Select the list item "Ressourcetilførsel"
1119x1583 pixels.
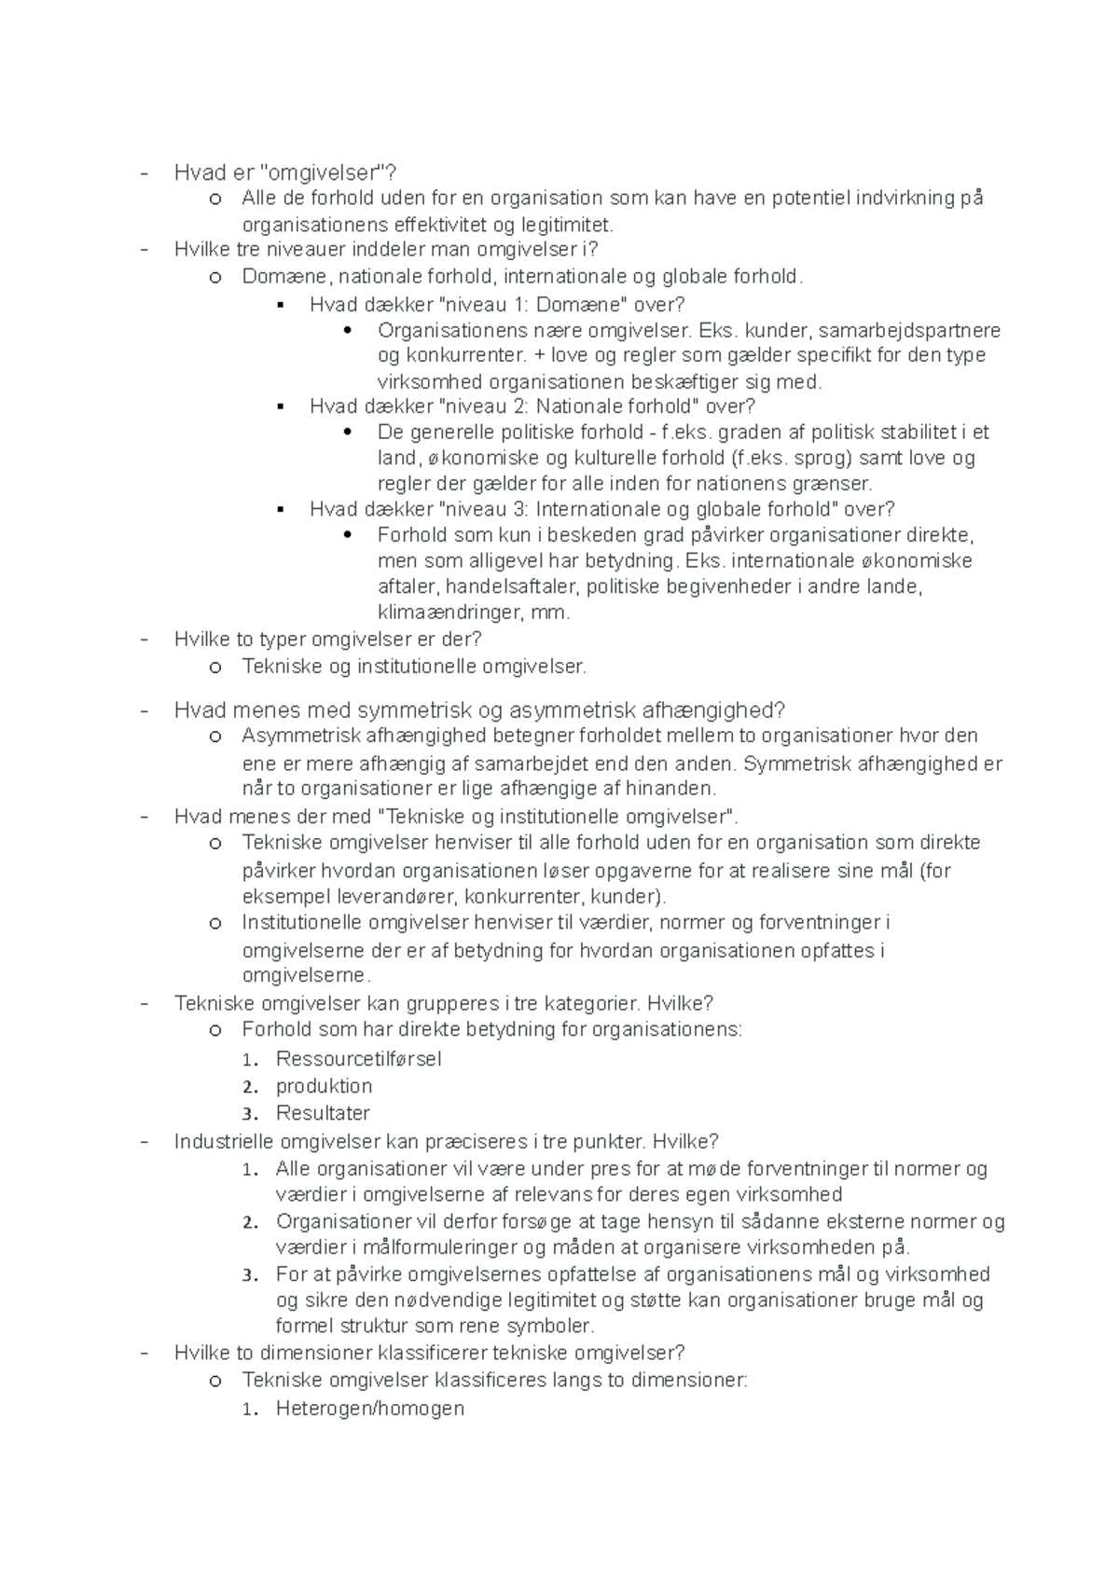click(x=358, y=1059)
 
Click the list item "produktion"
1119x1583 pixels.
click(x=324, y=1086)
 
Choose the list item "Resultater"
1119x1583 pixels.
click(x=323, y=1113)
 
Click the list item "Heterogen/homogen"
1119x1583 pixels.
click(x=369, y=1409)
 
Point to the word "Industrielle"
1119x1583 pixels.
click(x=225, y=1141)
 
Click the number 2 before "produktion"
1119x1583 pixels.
click(x=248, y=1087)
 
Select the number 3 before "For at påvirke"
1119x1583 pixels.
click(x=248, y=1275)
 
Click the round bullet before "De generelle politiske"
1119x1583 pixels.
click(x=348, y=432)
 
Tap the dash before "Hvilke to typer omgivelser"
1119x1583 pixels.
click(x=142, y=640)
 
